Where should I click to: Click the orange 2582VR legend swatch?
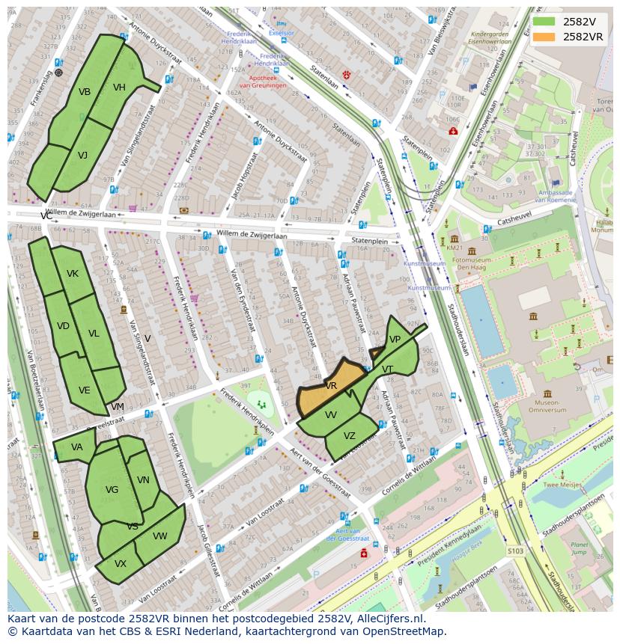[x=544, y=37]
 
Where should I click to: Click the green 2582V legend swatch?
[x=544, y=22]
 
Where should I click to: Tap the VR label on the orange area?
[x=331, y=386]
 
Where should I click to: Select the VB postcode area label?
[x=85, y=92]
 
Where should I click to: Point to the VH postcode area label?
[x=119, y=88]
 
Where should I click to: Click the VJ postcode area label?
[x=82, y=156]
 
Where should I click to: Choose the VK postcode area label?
[x=72, y=274]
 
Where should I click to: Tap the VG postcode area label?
[x=112, y=490]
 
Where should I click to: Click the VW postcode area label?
[x=159, y=536]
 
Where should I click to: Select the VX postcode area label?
[x=120, y=564]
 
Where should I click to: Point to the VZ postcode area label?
[x=350, y=436]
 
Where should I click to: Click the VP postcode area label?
[x=395, y=340]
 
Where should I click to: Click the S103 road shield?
[x=515, y=551]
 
